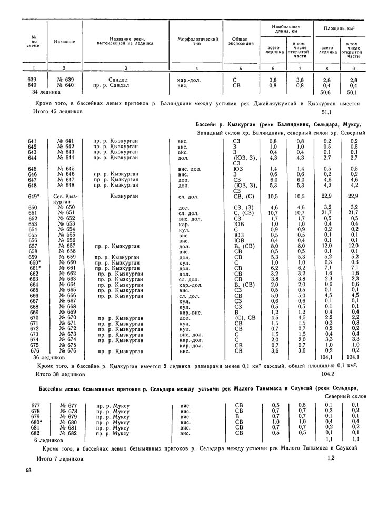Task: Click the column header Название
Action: (64, 41)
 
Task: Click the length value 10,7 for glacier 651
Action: (273, 212)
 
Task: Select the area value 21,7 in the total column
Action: (328, 212)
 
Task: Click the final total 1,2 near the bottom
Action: (331, 458)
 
